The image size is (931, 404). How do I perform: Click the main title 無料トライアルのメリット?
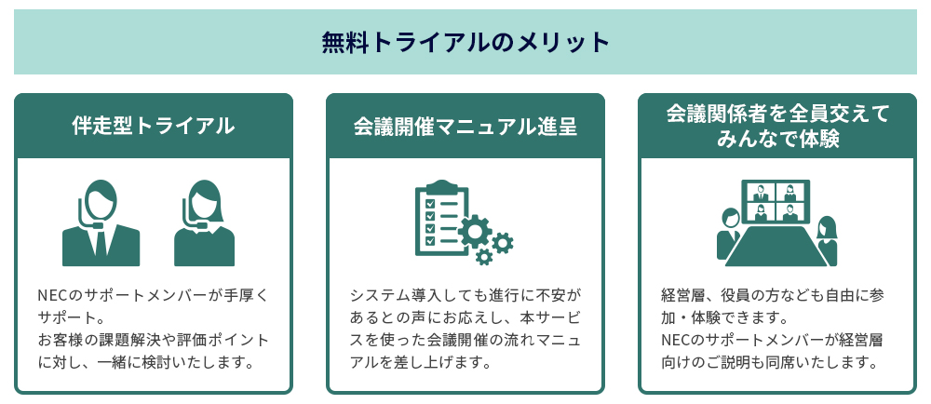point(465,42)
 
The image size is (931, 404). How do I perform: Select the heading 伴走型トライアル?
point(154,126)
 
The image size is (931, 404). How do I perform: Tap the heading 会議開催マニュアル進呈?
point(465,126)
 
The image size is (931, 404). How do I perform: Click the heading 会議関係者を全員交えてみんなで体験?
point(777,126)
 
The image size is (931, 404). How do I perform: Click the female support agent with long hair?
point(205,222)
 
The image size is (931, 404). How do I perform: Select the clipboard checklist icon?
point(440,217)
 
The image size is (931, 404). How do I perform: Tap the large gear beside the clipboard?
point(475,230)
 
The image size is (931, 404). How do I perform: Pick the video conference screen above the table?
point(776,202)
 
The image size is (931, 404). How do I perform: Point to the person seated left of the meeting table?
point(728,233)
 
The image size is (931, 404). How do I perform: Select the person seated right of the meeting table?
point(826,240)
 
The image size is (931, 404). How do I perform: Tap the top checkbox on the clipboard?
point(429,201)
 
